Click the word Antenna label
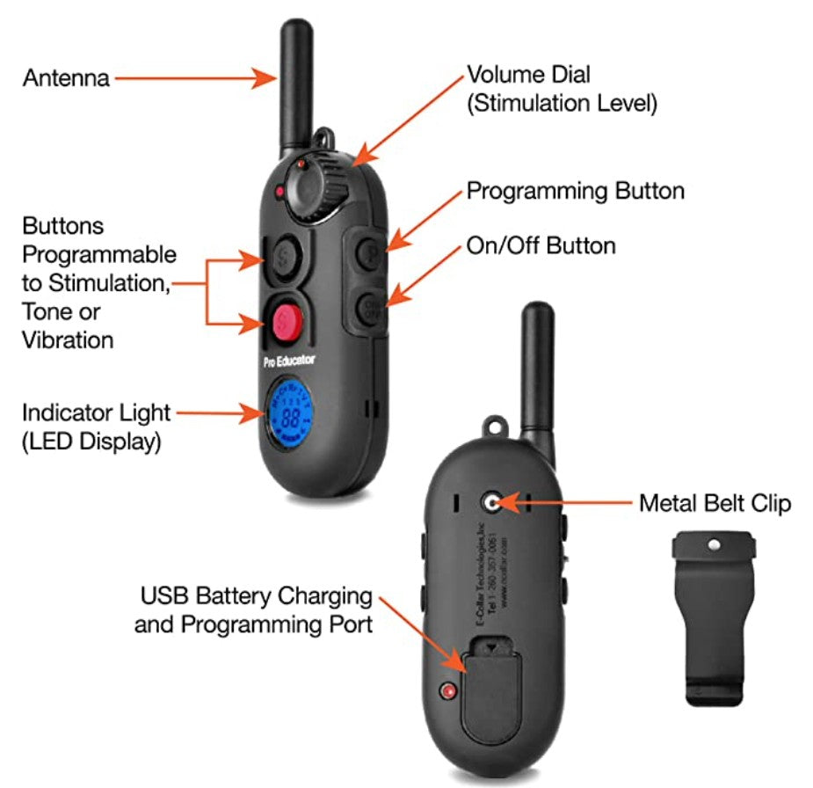[67, 78]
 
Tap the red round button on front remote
[283, 321]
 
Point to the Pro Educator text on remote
[289, 361]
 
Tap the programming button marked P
[369, 258]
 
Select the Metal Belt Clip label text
[715, 503]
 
